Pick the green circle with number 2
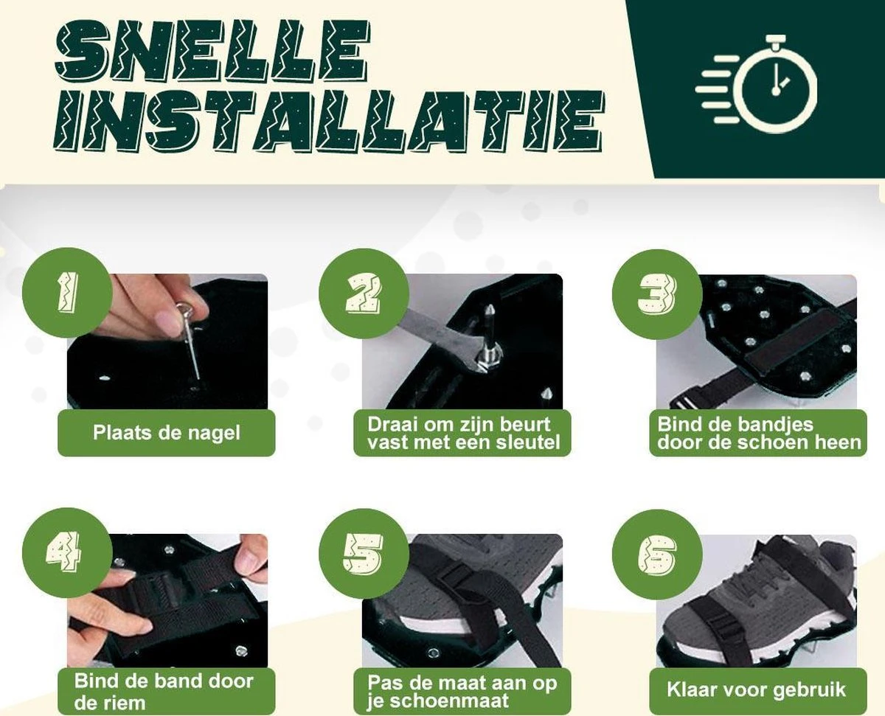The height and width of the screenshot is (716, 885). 363,293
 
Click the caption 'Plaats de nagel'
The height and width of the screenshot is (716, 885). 167,433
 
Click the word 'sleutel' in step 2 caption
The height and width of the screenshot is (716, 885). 529,442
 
